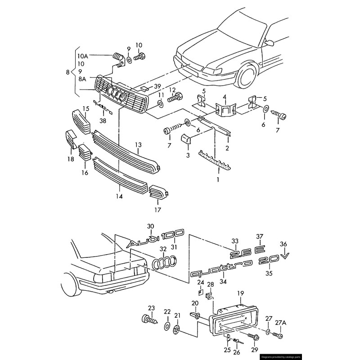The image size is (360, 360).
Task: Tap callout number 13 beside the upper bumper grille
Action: pyautogui.click(x=138, y=144)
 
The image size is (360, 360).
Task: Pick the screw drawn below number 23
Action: pyautogui.click(x=149, y=320)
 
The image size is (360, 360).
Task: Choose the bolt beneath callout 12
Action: pyautogui.click(x=175, y=97)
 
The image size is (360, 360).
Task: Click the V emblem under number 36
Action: pyautogui.click(x=285, y=256)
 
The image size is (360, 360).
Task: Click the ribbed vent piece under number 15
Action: pyautogui.click(x=81, y=121)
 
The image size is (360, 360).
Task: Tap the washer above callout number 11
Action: pyautogui.click(x=161, y=104)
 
